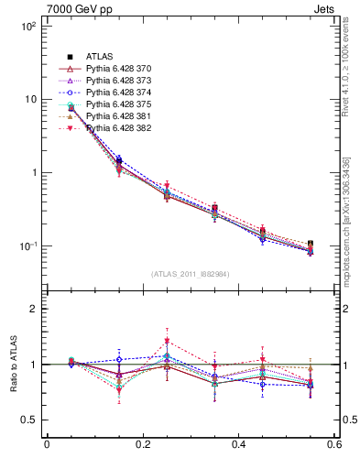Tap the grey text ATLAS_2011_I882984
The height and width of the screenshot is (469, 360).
coord(191,273)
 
